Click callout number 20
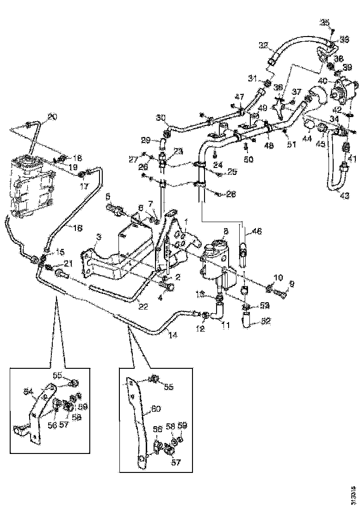pos(52,117)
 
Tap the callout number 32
pos(264,45)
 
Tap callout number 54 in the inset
pos(29,392)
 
